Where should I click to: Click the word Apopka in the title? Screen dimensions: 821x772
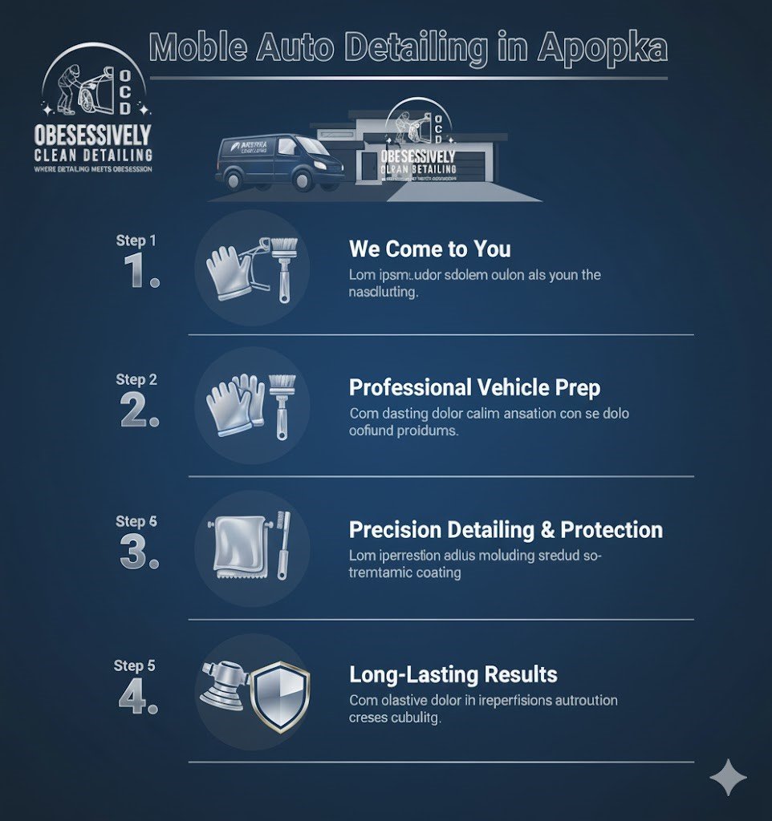point(602,49)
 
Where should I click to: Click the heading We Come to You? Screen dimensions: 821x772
point(429,249)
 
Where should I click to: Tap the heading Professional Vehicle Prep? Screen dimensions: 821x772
point(474,388)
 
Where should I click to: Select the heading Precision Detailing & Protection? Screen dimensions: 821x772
point(506,530)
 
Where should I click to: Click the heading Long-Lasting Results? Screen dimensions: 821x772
point(453,673)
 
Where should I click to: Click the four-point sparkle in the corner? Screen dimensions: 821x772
point(728,778)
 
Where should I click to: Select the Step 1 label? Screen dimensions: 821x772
point(136,240)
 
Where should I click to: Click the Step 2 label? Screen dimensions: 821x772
point(136,379)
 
